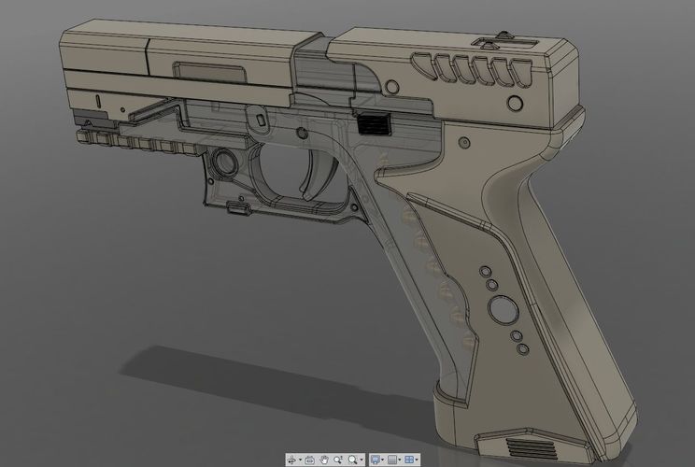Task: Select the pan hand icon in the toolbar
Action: pyautogui.click(x=324, y=460)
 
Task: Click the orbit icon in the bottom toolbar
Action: pyautogui.click(x=293, y=460)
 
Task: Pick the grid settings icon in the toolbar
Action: pyautogui.click(x=392, y=460)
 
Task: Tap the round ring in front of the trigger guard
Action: pyautogui.click(x=224, y=163)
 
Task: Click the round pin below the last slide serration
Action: pyautogui.click(x=511, y=101)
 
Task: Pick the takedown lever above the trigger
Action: pyautogui.click(x=254, y=120)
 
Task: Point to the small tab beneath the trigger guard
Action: pyautogui.click(x=239, y=210)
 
